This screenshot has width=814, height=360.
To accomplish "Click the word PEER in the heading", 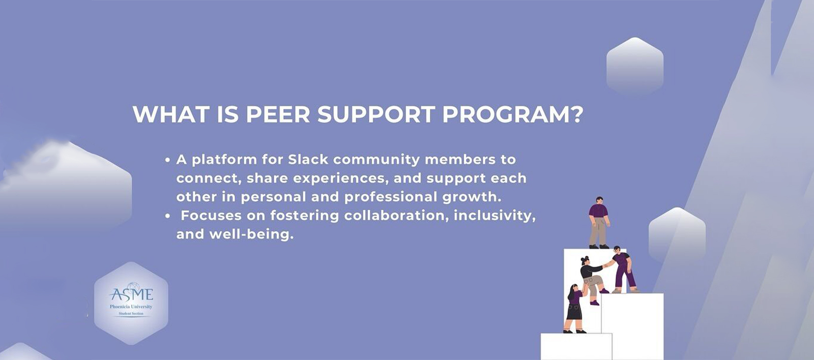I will click(x=278, y=114).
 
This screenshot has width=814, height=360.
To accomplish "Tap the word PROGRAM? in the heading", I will click(x=512, y=114).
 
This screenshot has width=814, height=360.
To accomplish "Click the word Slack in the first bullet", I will click(x=308, y=160).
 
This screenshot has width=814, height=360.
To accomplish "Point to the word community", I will click(x=376, y=160).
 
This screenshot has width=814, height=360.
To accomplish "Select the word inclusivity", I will click(x=494, y=216).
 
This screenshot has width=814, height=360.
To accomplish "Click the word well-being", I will click(x=251, y=234).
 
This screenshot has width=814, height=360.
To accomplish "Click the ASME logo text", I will click(x=131, y=294).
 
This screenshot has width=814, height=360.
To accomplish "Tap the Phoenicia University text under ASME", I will click(x=131, y=307).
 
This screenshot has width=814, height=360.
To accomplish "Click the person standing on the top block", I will click(x=599, y=222).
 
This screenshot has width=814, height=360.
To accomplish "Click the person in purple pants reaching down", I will click(x=623, y=269).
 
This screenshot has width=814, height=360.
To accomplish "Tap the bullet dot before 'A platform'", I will click(x=167, y=160).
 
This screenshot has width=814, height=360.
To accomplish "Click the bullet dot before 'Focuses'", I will click(x=167, y=216).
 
